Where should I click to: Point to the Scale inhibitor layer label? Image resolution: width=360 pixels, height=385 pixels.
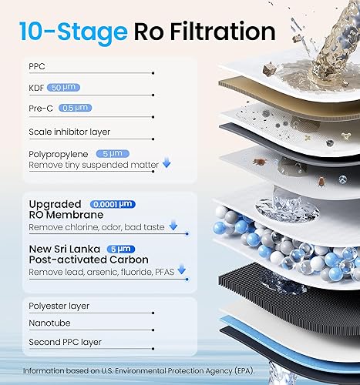[x=68, y=132]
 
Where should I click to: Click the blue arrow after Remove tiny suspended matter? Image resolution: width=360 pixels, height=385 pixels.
[x=167, y=164]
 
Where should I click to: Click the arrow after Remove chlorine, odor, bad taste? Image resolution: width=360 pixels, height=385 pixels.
[x=173, y=226]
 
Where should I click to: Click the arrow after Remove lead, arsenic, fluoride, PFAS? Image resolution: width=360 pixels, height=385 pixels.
[x=182, y=270]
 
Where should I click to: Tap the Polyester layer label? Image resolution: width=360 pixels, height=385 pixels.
[x=59, y=306]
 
